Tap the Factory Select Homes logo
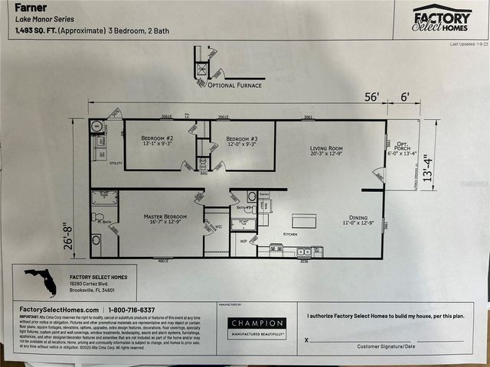point(442,18)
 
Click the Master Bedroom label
point(162,219)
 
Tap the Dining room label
point(358,219)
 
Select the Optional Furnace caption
point(234,85)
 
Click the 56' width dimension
point(372,97)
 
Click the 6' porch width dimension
point(405,97)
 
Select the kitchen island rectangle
point(304,221)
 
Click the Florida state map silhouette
point(41,282)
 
